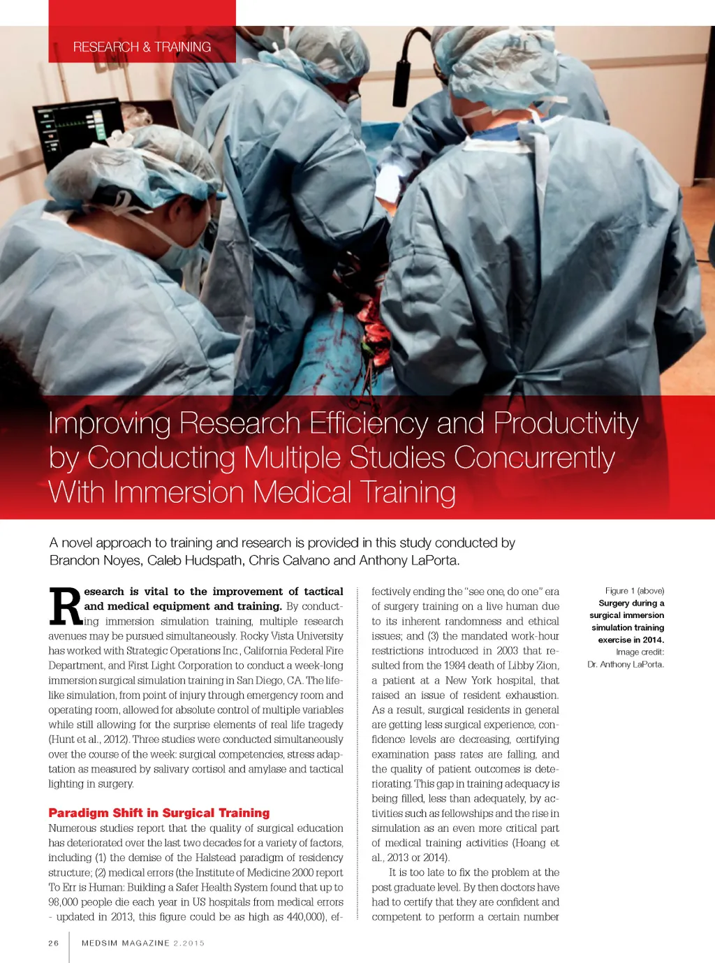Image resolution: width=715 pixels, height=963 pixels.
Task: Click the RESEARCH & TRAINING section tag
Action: (142, 47)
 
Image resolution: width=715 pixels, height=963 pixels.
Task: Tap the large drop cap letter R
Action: (66, 606)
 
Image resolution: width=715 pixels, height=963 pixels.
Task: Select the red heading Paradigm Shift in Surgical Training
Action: (159, 813)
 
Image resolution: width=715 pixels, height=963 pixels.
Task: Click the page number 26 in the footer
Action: (54, 943)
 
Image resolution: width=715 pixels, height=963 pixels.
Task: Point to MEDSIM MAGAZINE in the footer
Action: (126, 943)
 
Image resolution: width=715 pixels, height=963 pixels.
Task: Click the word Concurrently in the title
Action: (534, 458)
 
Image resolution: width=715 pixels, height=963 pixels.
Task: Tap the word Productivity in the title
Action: (566, 423)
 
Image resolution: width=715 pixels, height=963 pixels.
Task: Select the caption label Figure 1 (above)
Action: (635, 591)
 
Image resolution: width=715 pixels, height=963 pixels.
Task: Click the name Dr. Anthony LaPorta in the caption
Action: (626, 664)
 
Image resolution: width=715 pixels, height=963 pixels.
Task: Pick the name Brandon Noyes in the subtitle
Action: (95, 560)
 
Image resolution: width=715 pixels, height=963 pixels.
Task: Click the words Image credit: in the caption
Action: (640, 652)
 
